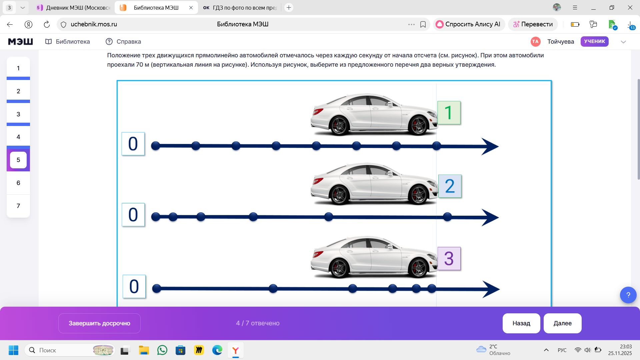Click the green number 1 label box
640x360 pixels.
(x=449, y=113)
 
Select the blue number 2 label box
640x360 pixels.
(x=450, y=186)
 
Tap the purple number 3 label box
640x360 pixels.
(x=449, y=258)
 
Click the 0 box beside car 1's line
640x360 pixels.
(x=133, y=144)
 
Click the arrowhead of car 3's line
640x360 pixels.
(x=491, y=289)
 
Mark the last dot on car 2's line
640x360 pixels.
(x=447, y=217)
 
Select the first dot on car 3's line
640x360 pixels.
(x=157, y=289)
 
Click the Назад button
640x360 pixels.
(x=521, y=323)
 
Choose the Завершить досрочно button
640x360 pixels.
(x=99, y=323)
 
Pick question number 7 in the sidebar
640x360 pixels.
(x=18, y=206)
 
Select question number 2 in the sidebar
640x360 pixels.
(x=18, y=91)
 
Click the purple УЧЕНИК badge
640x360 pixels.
(x=595, y=41)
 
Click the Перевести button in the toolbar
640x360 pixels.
(x=533, y=24)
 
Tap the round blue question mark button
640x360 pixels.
(x=628, y=295)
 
